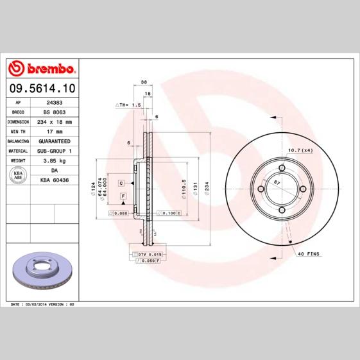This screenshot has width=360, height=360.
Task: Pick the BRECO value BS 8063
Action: pyautogui.click(x=54, y=111)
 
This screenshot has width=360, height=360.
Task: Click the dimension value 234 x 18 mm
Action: pyautogui.click(x=54, y=121)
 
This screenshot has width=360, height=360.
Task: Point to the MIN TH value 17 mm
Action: pyautogui.click(x=54, y=130)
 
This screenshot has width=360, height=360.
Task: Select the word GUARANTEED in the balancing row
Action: pyautogui.click(x=55, y=140)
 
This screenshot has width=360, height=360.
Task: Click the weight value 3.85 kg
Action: pyautogui.click(x=54, y=160)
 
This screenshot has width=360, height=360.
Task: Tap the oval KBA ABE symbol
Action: pyautogui.click(x=18, y=175)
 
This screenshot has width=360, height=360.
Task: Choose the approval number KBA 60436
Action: pyautogui.click(x=55, y=181)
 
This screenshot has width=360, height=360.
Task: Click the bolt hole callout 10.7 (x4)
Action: pyautogui.click(x=300, y=150)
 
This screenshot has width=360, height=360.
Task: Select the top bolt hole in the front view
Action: pyautogui.click(x=281, y=169)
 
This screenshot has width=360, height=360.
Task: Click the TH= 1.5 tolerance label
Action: pyautogui.click(x=128, y=104)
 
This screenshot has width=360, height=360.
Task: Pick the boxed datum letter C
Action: pyautogui.click(x=121, y=183)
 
